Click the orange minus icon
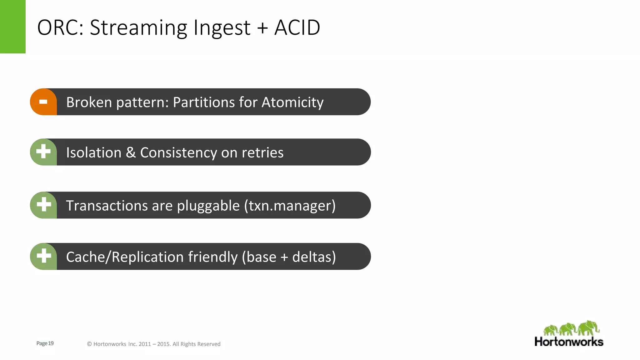coord(43,102)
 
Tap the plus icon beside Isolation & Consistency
coord(43,152)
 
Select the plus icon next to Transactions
coord(43,205)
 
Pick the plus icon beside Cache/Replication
coord(43,256)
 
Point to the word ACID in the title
coord(297,27)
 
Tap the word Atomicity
coord(292,102)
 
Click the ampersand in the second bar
coord(131,152)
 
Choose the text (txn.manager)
coord(290,206)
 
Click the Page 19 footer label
coord(45,343)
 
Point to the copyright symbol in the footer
coord(89,344)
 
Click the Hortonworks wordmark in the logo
coord(569,342)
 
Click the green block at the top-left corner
coord(12,27)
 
